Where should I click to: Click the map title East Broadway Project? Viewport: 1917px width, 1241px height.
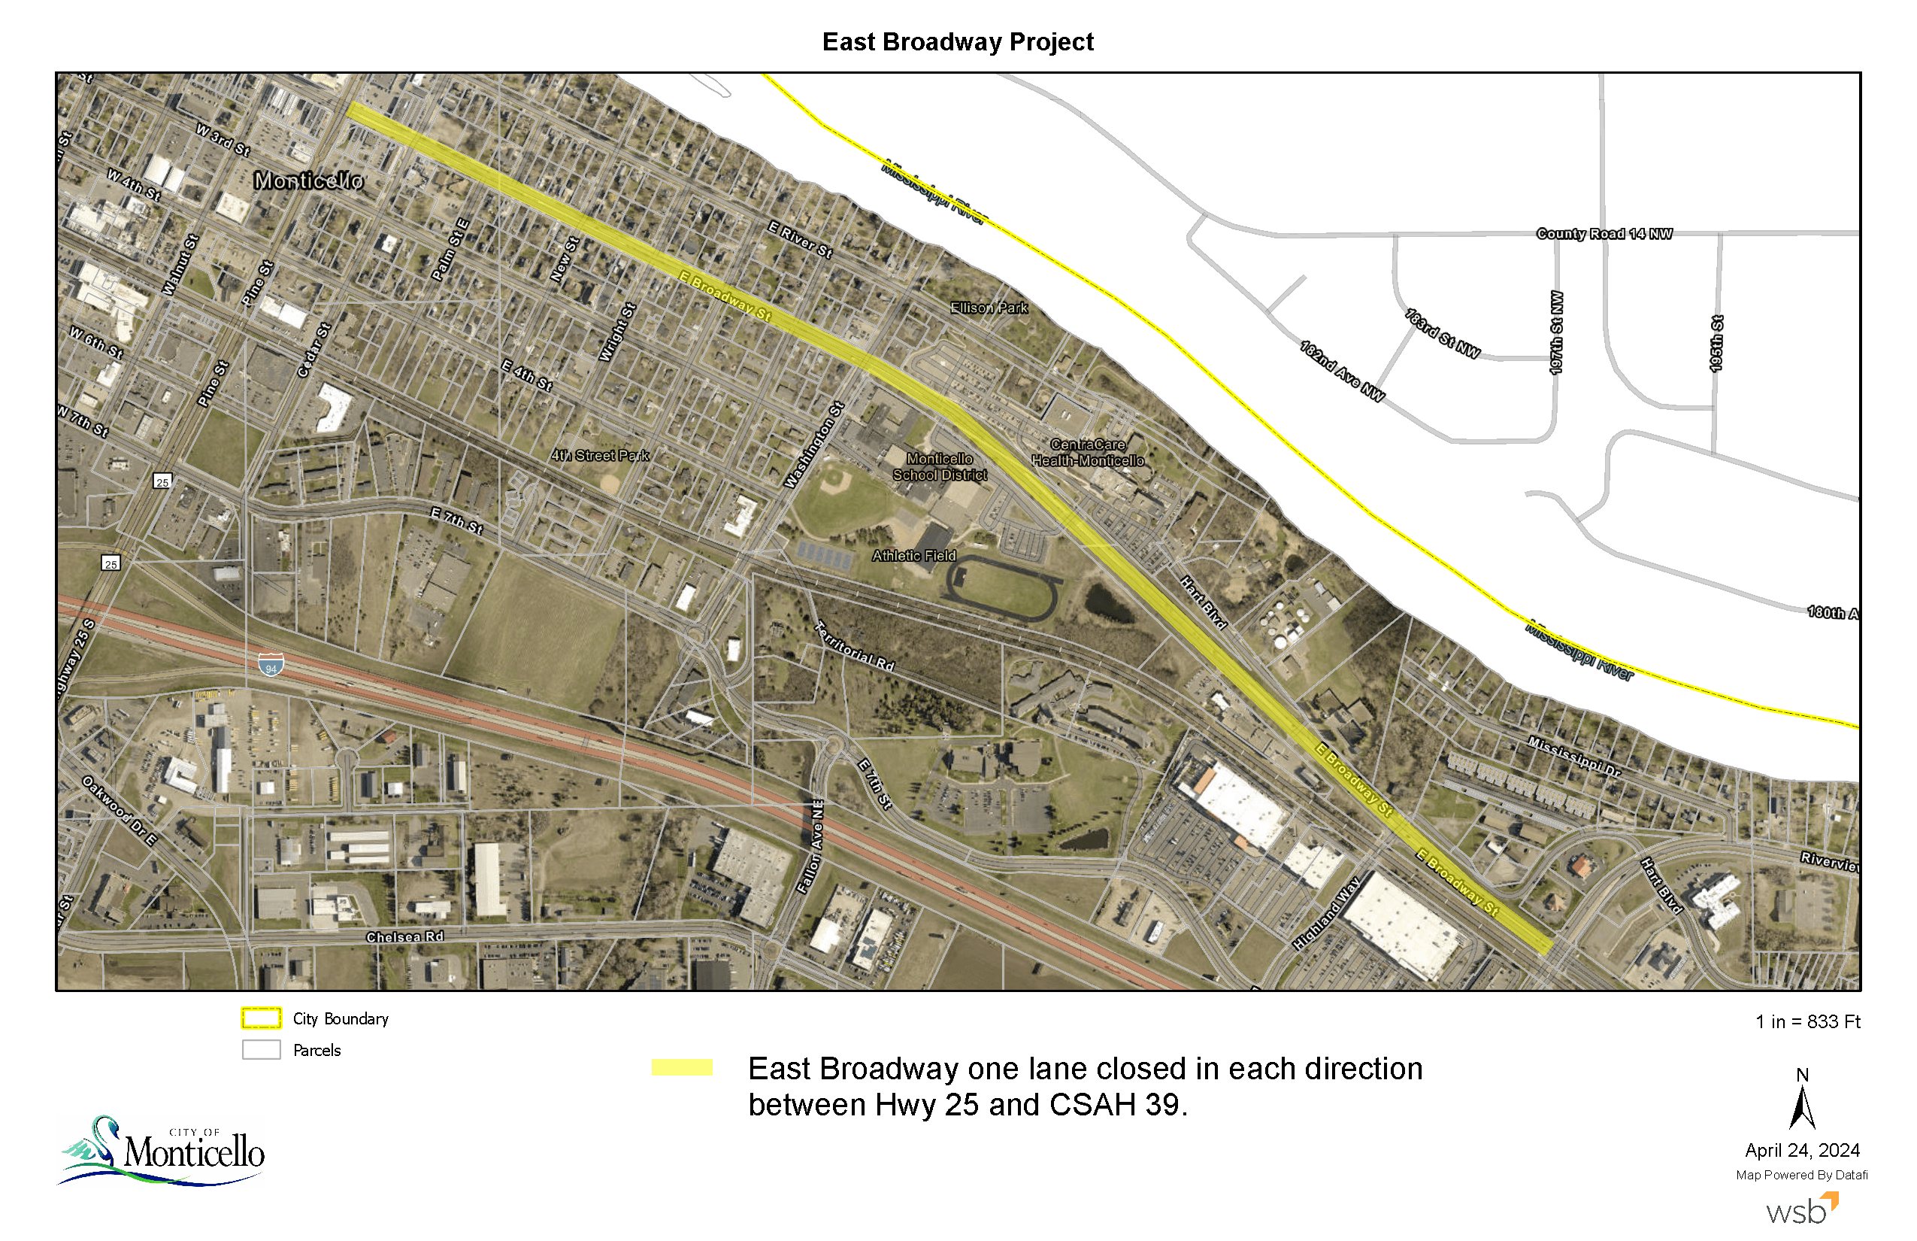tap(957, 42)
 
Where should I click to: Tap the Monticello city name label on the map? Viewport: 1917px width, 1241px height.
tap(308, 181)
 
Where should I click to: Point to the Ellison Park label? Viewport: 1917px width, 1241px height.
tap(989, 308)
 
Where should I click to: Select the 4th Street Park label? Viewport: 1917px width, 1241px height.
tap(599, 455)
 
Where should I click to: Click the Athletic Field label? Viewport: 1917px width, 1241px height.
tap(913, 555)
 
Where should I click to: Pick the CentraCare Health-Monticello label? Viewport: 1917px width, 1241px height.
tap(1087, 453)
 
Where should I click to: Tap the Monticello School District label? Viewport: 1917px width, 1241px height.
tap(939, 466)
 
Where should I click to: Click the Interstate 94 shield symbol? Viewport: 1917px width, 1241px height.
tap(271, 665)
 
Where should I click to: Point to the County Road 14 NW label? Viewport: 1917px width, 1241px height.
tap(1604, 234)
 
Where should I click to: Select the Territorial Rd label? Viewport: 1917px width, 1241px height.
tap(855, 646)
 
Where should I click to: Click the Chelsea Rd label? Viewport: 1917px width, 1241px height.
tap(404, 936)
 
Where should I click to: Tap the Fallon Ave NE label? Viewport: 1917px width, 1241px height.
tap(810, 846)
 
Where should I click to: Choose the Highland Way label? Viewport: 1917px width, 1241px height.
tap(1326, 913)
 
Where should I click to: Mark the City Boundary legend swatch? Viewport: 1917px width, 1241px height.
tap(261, 1018)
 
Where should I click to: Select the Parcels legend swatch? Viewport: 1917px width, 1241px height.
tap(261, 1049)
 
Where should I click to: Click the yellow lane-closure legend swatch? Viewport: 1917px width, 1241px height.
tap(681, 1068)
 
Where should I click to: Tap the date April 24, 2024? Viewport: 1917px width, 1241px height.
tap(1802, 1150)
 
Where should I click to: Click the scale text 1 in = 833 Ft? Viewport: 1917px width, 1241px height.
tap(1807, 1021)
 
